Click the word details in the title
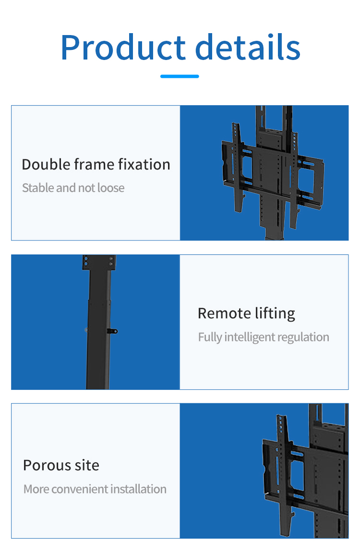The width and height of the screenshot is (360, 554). pos(248,47)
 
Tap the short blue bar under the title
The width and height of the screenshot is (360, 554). pos(180,76)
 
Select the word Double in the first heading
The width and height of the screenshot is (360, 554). pos(46,165)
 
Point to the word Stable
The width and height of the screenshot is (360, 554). pos(38,188)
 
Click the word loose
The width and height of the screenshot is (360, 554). pos(111,188)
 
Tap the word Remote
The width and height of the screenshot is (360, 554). pos(221,313)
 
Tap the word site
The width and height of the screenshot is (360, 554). pos(87,465)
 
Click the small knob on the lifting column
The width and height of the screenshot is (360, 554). pos(114,331)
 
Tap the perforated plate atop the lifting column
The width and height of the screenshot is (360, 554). pos(99,262)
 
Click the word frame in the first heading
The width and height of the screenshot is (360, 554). pos(96,165)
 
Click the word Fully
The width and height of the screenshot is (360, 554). pos(210,337)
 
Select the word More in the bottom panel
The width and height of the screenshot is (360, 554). pos(36,489)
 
